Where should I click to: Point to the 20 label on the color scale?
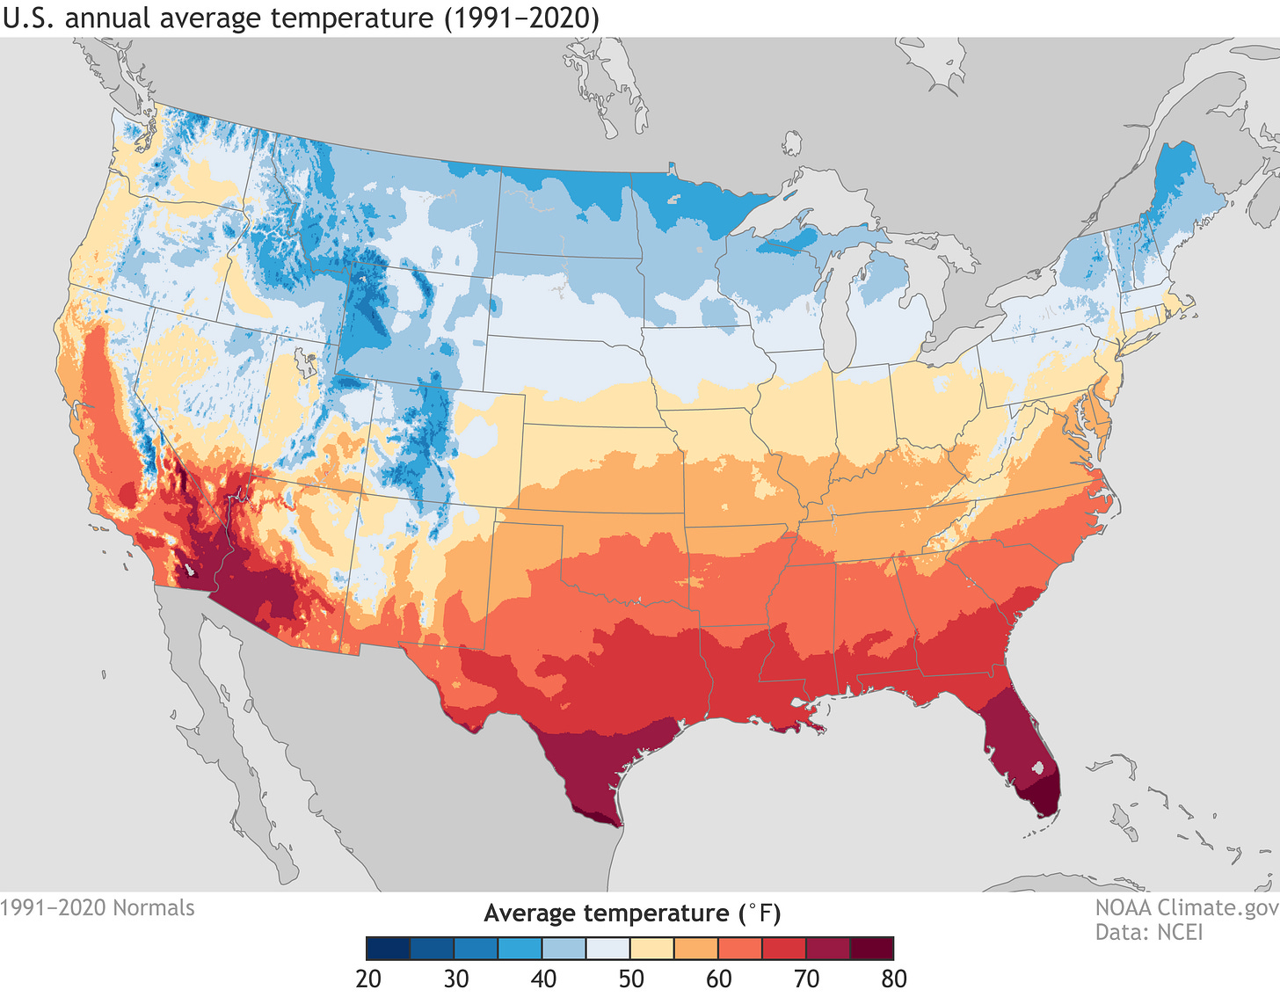click(x=368, y=979)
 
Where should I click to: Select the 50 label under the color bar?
click(x=630, y=979)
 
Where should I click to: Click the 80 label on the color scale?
click(x=893, y=979)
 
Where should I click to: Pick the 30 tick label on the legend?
click(x=455, y=979)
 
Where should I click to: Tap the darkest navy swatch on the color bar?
click(x=389, y=949)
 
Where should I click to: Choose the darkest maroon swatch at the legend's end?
click(x=871, y=949)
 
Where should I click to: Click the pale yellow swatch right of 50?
click(x=651, y=949)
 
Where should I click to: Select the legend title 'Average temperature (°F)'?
click(x=631, y=913)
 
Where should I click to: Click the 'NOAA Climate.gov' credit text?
click(x=1186, y=907)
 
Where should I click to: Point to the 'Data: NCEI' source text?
click(x=1148, y=932)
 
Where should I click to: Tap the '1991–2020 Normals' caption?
click(x=98, y=907)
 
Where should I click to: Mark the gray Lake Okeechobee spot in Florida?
click(x=1041, y=768)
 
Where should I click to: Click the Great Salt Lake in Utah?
click(x=307, y=360)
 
